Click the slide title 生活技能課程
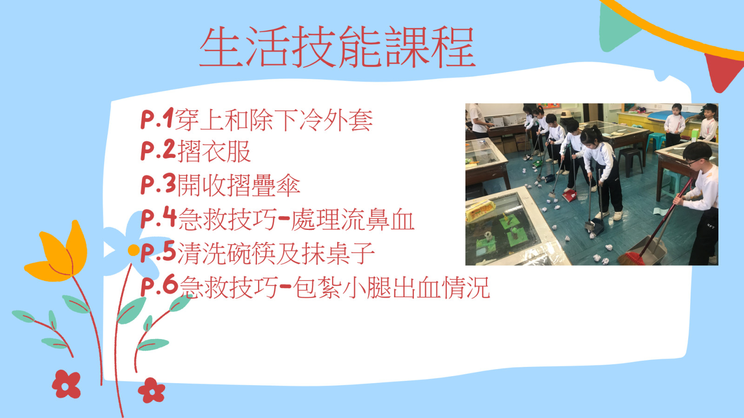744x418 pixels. coord(338,47)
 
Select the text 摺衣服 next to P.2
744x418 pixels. coord(214,151)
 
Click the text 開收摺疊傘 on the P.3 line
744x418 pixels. coord(239,185)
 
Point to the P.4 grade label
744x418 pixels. coord(158,217)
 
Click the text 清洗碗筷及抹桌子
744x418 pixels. coord(276,253)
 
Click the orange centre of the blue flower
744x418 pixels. coord(133,250)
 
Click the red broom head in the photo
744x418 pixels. coord(631,258)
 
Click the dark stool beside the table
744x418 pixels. coord(630,162)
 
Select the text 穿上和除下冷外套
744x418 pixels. coord(273,119)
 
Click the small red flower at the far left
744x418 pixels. coord(66,384)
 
